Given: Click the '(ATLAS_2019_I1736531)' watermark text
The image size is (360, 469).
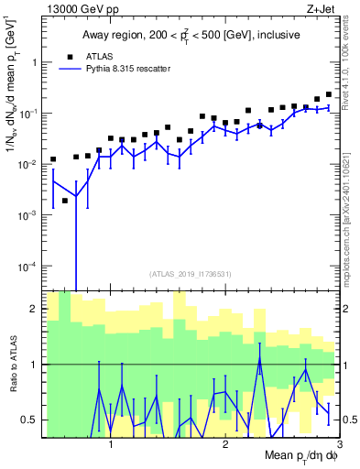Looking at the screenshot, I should (191, 274).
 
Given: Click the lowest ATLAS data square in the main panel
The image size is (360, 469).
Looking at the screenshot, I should (65, 200).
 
